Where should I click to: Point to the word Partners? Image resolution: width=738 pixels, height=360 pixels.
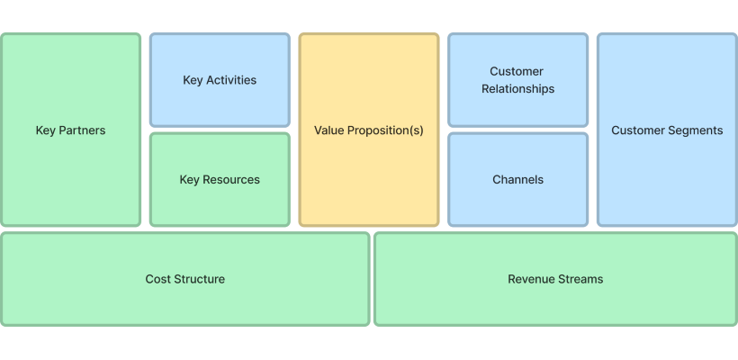tap(82, 130)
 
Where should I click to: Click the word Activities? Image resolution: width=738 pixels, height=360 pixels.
tap(231, 80)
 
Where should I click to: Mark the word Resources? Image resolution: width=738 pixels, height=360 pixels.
tap(231, 180)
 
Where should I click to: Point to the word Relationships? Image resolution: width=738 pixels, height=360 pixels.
tap(517, 89)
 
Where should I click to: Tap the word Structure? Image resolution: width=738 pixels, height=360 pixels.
tap(198, 279)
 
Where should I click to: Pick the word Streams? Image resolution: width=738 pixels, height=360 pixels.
tap(581, 279)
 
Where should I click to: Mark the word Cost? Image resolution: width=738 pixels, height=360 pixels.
tap(157, 279)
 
